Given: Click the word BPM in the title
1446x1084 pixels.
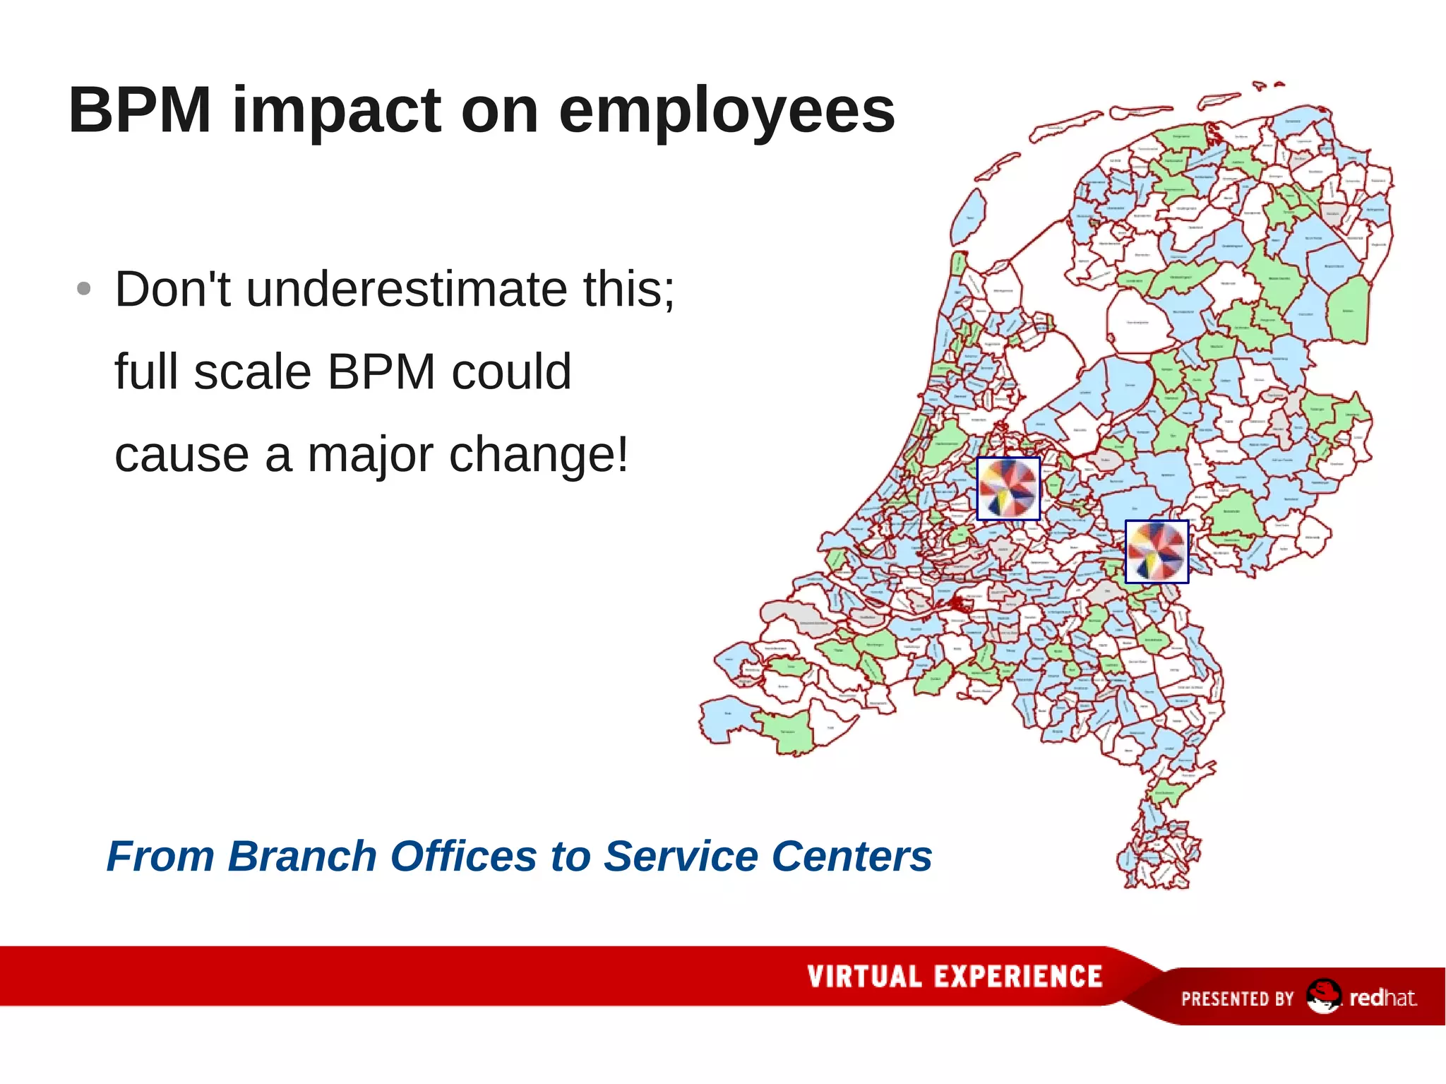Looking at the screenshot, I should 139,110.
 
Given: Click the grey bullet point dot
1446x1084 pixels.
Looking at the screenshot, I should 83,289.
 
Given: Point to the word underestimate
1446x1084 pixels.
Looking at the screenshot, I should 406,290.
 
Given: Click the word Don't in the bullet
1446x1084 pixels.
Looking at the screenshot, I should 172,290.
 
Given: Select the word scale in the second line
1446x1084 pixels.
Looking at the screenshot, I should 252,372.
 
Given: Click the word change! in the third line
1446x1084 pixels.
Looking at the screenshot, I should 538,455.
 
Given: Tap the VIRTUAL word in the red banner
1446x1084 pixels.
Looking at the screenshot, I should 864,977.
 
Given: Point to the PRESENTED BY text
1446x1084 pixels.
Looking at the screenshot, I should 1237,999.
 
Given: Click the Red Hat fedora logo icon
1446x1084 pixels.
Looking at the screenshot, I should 1322,996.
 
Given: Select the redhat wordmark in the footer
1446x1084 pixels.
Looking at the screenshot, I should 1382,998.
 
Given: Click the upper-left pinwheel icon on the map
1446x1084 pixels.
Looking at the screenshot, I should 1008,488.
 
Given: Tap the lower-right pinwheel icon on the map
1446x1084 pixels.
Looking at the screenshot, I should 1156,552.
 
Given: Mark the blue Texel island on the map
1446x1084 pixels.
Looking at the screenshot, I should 968,216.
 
